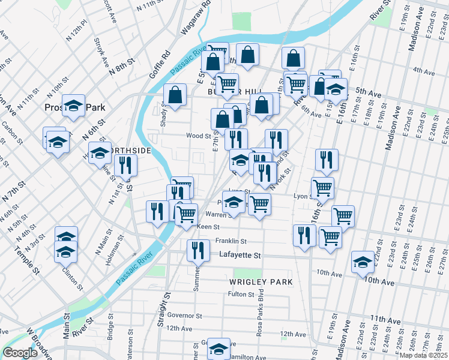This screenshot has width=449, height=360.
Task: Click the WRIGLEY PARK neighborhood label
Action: click(261, 281)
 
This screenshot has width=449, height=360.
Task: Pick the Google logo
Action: click(20, 353)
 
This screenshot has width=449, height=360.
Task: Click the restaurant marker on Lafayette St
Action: click(198, 250)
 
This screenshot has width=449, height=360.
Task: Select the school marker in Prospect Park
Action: click(74, 106)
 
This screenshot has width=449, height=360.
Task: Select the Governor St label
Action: click(185, 315)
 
